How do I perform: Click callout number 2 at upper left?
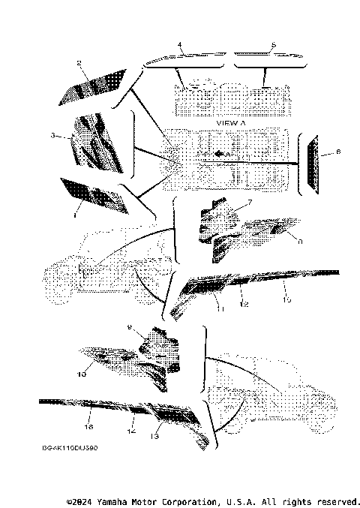(x=78, y=65)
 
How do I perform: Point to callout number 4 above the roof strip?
(x=180, y=46)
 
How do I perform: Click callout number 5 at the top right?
(x=273, y=46)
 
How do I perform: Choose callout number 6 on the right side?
(x=337, y=152)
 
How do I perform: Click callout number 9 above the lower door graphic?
(x=129, y=327)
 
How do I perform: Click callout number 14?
(x=130, y=432)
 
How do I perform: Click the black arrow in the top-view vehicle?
(x=218, y=153)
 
